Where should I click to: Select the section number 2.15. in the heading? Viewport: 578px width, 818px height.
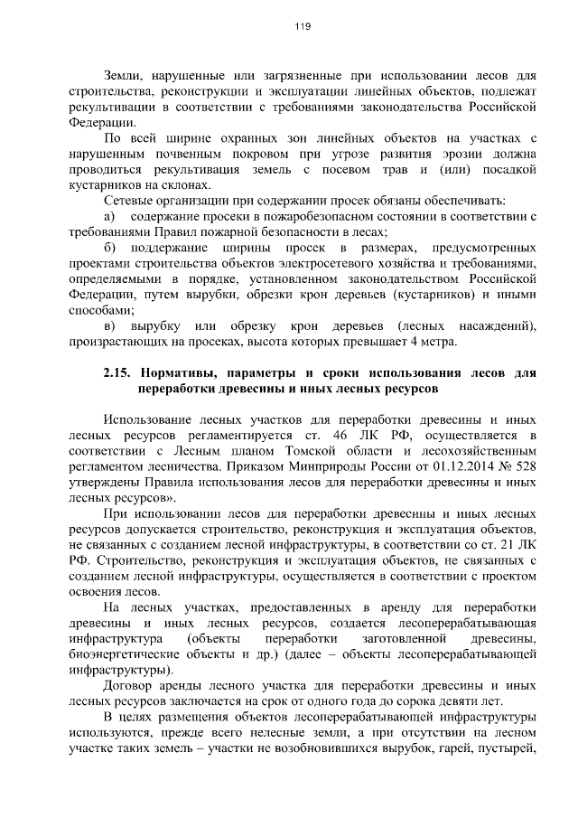point(117,373)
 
